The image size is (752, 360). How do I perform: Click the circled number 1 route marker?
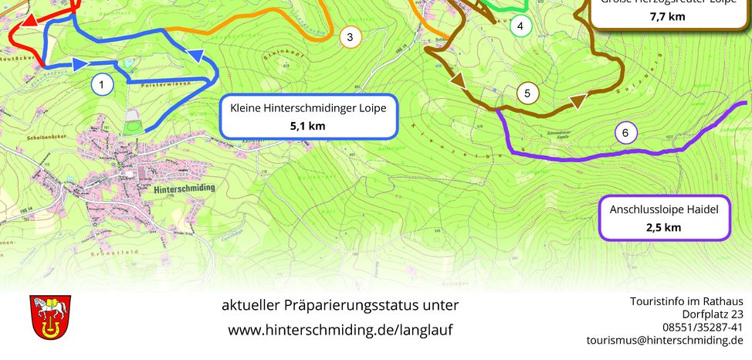[x=102, y=83]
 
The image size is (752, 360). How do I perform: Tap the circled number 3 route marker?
[x=350, y=37]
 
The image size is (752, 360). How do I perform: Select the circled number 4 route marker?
[x=521, y=26]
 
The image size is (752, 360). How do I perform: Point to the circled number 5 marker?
[x=527, y=94]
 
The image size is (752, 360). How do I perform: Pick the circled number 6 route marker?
[x=626, y=134]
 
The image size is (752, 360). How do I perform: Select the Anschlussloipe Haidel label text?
[x=664, y=209]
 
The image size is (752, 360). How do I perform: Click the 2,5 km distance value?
[x=664, y=227]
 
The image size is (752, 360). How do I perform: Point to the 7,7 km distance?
[x=666, y=16]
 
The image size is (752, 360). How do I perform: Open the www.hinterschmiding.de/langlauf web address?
[x=340, y=330]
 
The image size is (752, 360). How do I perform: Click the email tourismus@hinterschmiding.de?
[x=665, y=340]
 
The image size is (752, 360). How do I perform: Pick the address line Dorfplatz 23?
[x=712, y=314]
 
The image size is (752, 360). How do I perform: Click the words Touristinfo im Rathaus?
[x=686, y=301]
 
